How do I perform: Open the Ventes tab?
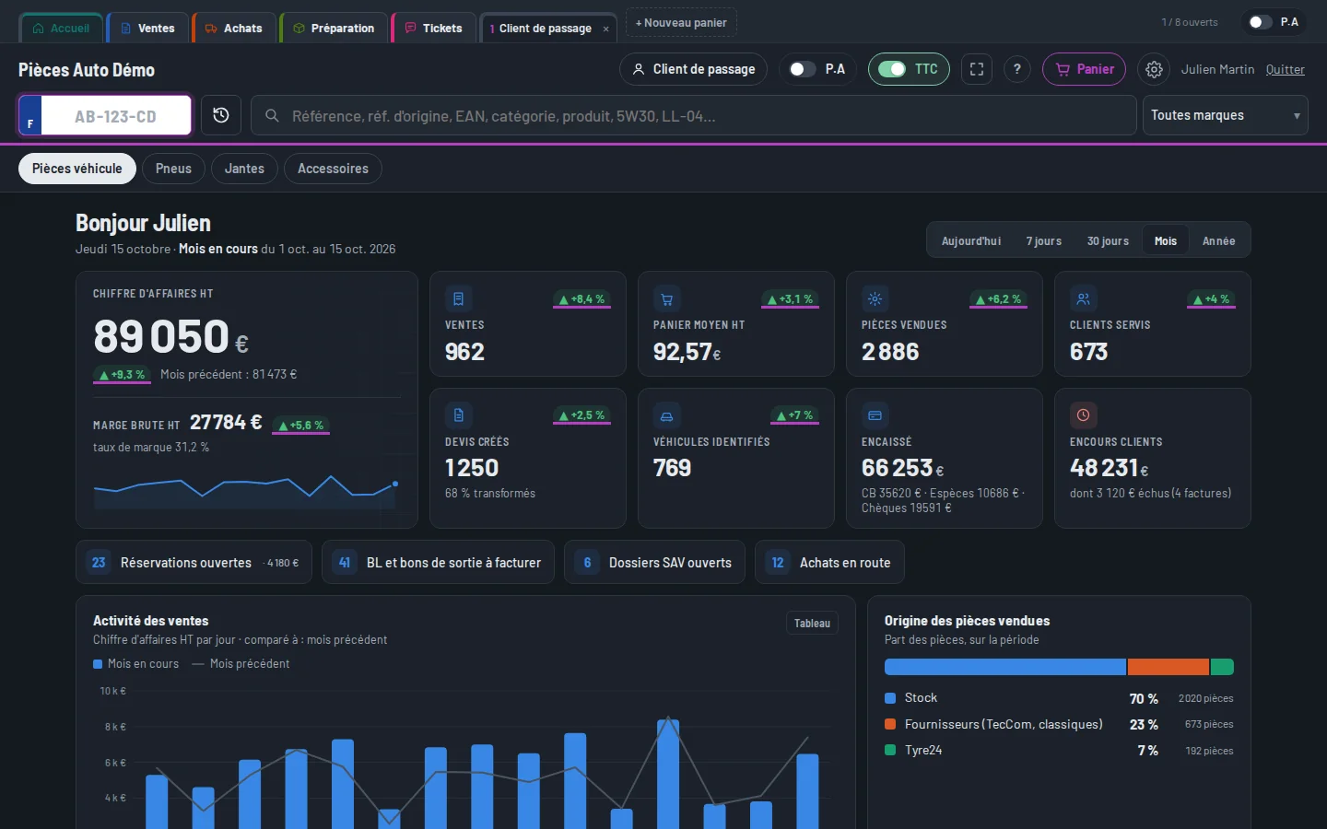click(x=148, y=28)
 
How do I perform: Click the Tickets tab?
click(x=434, y=28)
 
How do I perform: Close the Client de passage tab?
click(x=605, y=29)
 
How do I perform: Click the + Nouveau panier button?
click(x=681, y=22)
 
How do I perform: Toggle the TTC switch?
click(x=892, y=69)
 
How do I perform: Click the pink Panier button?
click(x=1084, y=69)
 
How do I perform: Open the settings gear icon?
click(x=1154, y=69)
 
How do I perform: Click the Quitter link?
click(x=1285, y=69)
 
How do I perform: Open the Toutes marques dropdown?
click(x=1225, y=115)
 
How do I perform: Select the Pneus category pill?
click(x=173, y=169)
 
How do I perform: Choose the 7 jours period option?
click(x=1044, y=241)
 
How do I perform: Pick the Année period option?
click(x=1218, y=241)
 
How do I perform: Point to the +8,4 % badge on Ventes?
click(x=581, y=299)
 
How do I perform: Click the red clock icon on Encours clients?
click(x=1083, y=415)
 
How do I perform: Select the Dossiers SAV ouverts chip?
click(x=654, y=562)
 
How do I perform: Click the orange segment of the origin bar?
click(x=1168, y=667)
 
